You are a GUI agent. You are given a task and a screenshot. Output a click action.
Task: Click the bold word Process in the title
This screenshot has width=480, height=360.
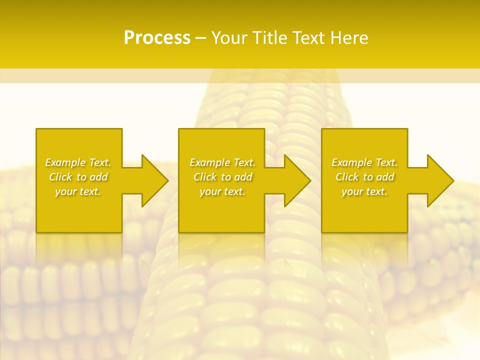[x=157, y=38]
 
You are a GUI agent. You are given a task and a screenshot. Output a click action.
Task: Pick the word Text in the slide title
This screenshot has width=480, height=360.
[x=310, y=38]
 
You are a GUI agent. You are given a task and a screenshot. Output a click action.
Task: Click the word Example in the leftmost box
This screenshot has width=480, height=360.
[x=65, y=162]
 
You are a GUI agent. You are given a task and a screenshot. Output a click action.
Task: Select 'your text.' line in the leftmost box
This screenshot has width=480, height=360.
[x=78, y=191]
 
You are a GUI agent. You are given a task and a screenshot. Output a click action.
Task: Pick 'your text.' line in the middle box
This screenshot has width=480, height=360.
[x=222, y=191]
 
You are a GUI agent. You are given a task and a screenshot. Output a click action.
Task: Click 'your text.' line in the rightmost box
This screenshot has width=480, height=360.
[x=364, y=191]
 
